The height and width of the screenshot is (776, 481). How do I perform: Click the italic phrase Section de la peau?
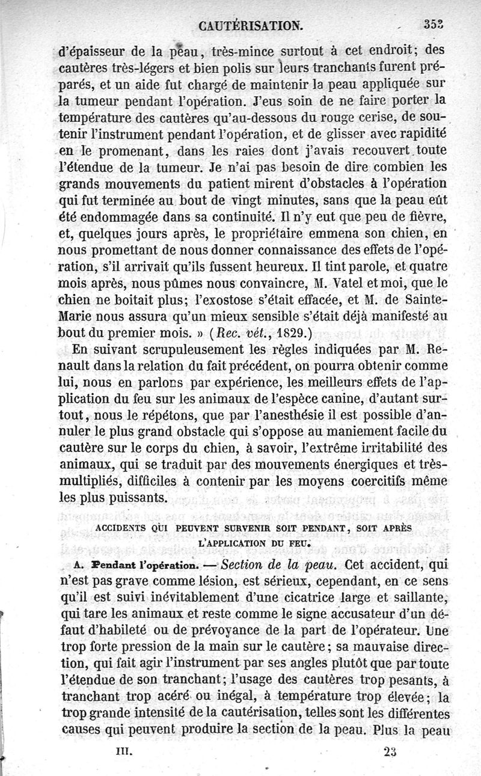pos(272,564)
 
